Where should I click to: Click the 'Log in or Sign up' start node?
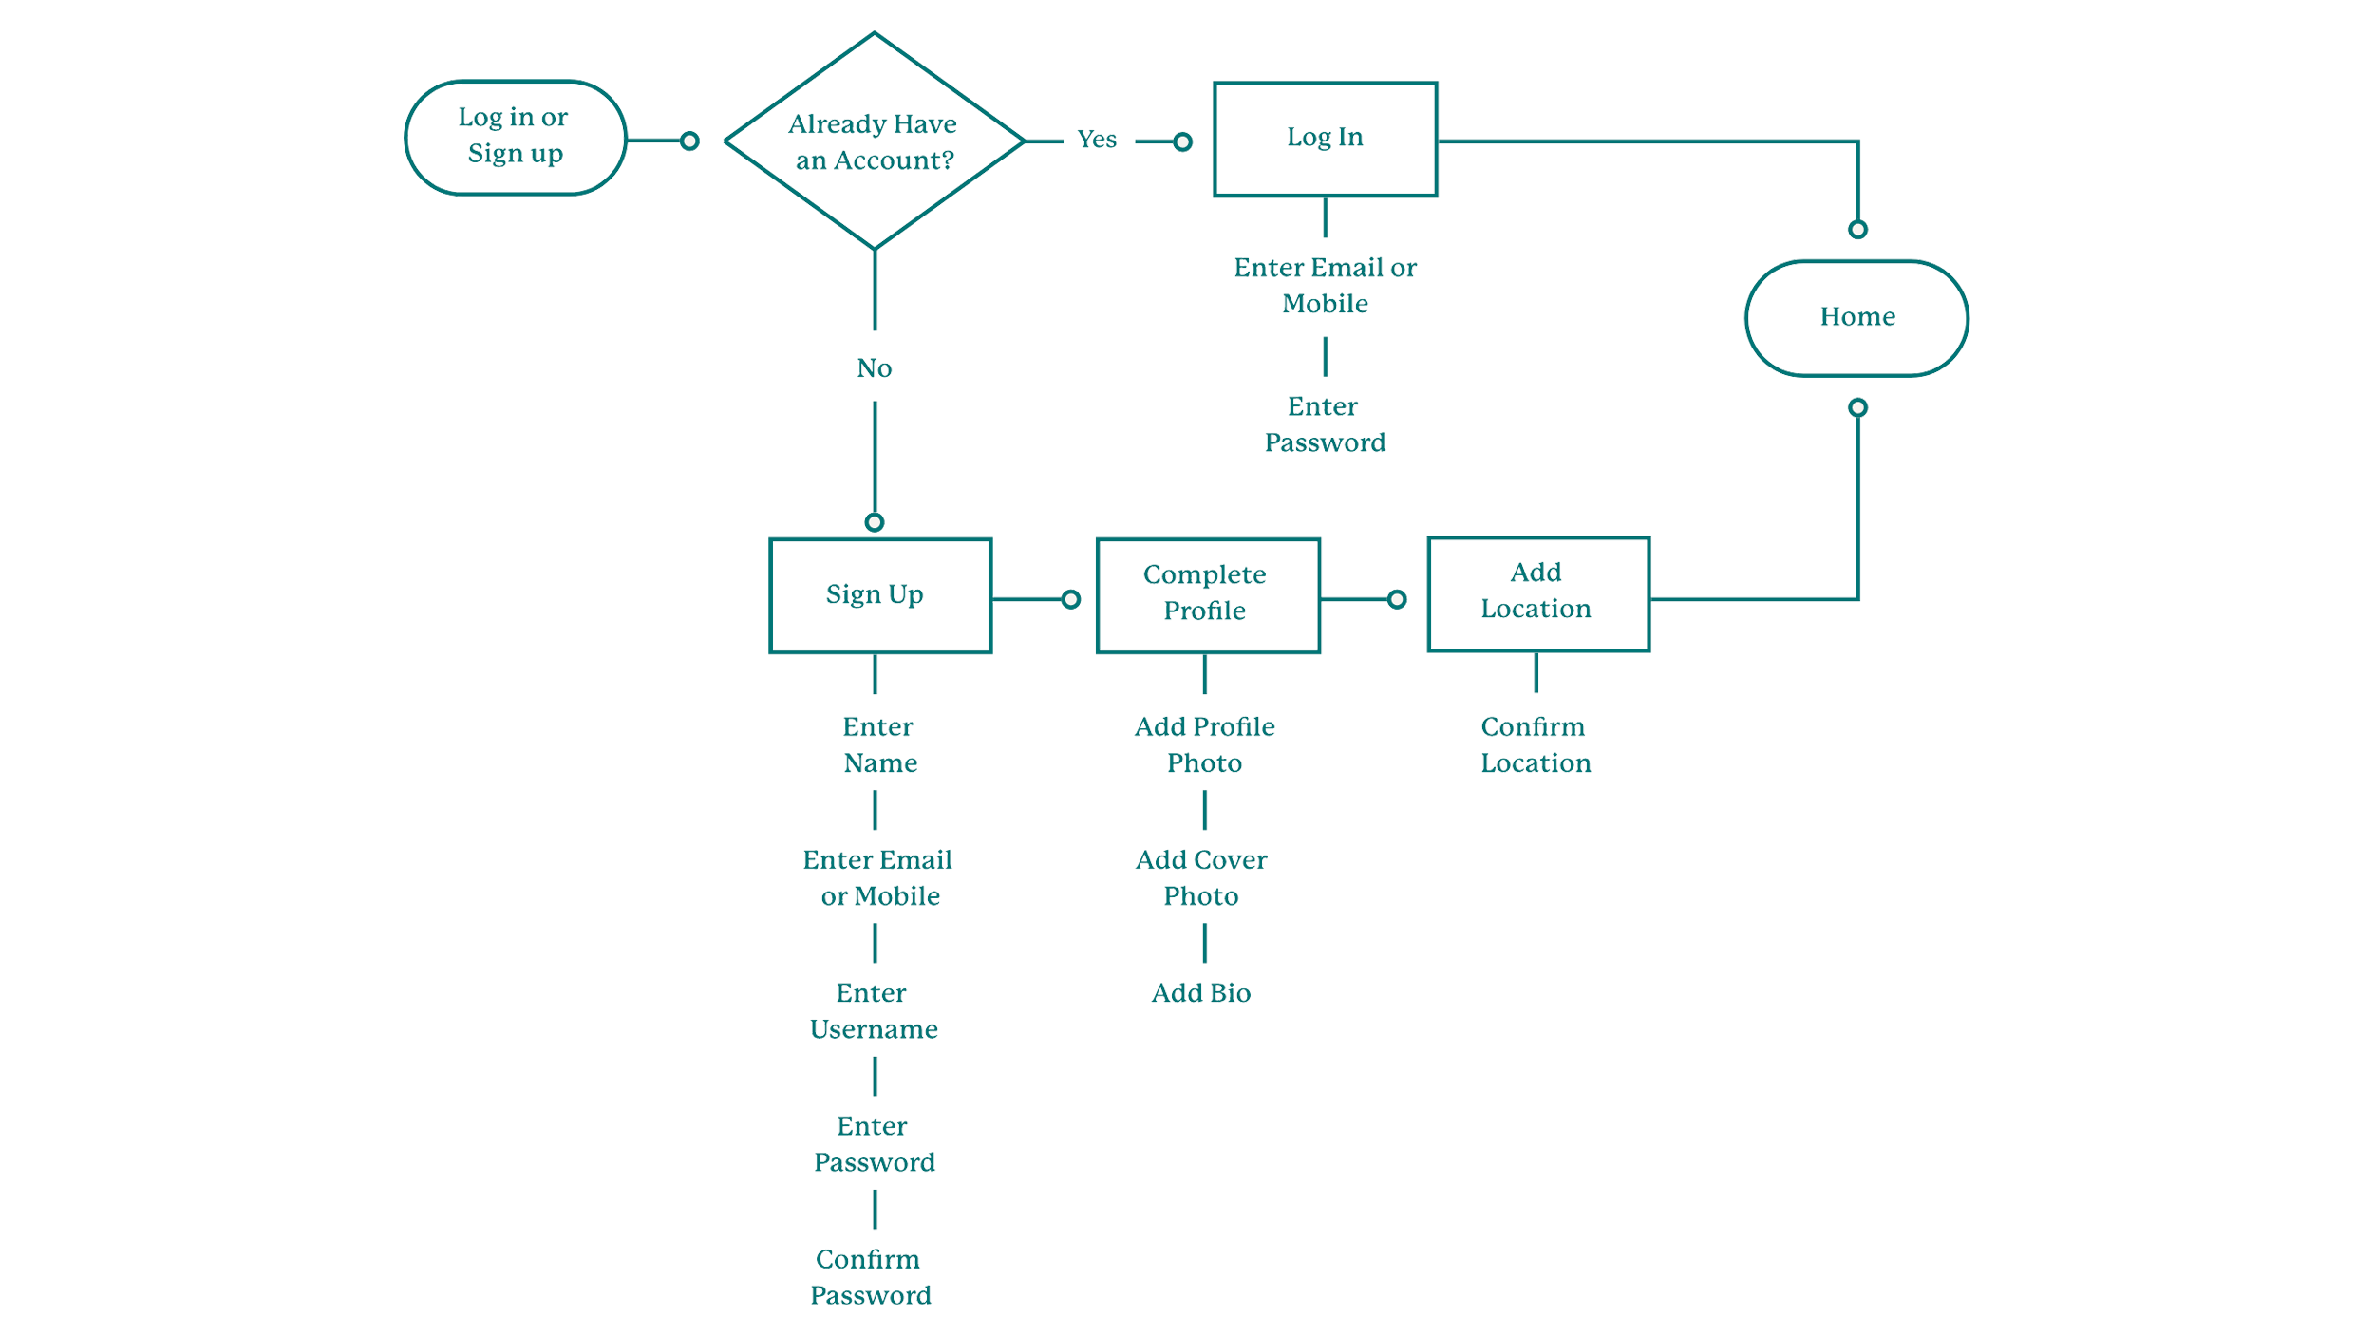(x=515, y=137)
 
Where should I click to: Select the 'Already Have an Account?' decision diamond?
(x=874, y=141)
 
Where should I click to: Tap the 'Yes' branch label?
(x=1097, y=140)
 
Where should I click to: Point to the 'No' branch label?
(x=875, y=368)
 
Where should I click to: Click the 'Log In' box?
(x=1325, y=139)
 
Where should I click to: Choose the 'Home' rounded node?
(x=1856, y=317)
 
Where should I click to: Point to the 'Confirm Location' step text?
(x=1536, y=745)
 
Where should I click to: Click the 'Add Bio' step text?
(x=1201, y=993)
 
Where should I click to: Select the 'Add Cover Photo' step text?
(x=1201, y=878)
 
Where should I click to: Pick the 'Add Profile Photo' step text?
(x=1205, y=745)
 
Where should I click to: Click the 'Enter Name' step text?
(x=879, y=745)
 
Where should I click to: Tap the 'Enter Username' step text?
(x=874, y=1011)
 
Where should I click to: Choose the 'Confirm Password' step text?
(x=871, y=1277)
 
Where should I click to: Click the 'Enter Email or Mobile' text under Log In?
(x=1325, y=286)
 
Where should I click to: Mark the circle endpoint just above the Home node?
(x=1857, y=230)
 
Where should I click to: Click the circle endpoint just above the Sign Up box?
(x=875, y=522)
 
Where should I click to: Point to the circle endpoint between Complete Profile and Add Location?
(x=1397, y=599)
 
